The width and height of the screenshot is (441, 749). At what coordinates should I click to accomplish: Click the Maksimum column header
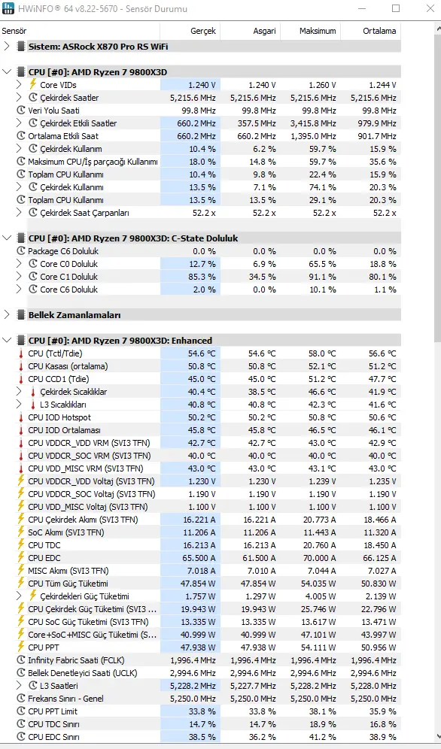coord(318,31)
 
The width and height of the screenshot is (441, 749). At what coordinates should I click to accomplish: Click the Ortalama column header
coord(379,31)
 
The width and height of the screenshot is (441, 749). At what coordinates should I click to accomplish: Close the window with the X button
coord(430,8)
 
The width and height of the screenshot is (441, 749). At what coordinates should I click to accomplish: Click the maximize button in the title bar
coord(396,8)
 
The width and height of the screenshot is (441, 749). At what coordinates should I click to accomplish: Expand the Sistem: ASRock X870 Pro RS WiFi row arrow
coord(7,47)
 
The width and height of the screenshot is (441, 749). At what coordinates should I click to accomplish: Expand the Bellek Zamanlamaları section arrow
coord(7,315)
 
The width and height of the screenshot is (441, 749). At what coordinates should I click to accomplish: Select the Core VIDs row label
coord(58,85)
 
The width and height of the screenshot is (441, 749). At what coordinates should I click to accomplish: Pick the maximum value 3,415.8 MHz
coord(313,123)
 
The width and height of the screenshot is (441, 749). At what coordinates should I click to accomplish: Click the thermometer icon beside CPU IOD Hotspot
coord(20,417)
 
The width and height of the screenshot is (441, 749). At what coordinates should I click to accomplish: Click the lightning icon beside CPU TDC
coord(20,544)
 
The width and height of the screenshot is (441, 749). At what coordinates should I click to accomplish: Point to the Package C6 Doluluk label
coord(63,250)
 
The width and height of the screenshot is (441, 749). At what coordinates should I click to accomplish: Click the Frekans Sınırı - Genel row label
coord(66,699)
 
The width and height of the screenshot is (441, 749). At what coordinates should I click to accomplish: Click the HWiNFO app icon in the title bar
coord(8,8)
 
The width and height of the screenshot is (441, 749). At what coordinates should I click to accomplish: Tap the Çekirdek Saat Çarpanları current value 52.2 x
coord(204,213)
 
